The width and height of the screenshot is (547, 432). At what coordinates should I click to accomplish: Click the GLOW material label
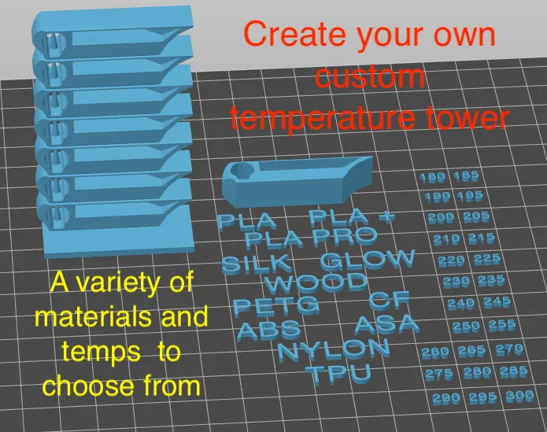click(x=367, y=259)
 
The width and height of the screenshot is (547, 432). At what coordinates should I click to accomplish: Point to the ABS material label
click(x=268, y=330)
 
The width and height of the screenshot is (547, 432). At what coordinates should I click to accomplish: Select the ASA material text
click(x=386, y=323)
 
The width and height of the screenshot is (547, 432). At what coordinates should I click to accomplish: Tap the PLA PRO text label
click(x=311, y=236)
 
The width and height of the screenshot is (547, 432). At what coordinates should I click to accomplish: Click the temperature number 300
click(x=519, y=397)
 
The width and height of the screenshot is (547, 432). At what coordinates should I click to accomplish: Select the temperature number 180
click(x=433, y=178)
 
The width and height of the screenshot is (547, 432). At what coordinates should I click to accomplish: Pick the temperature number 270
click(x=509, y=349)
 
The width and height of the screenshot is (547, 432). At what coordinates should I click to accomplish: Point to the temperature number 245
click(x=497, y=302)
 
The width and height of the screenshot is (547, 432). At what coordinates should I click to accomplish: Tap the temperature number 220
click(x=451, y=260)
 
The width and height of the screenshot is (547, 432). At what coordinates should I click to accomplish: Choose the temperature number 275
click(x=438, y=375)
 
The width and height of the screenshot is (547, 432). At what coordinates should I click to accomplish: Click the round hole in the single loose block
click(x=241, y=172)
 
